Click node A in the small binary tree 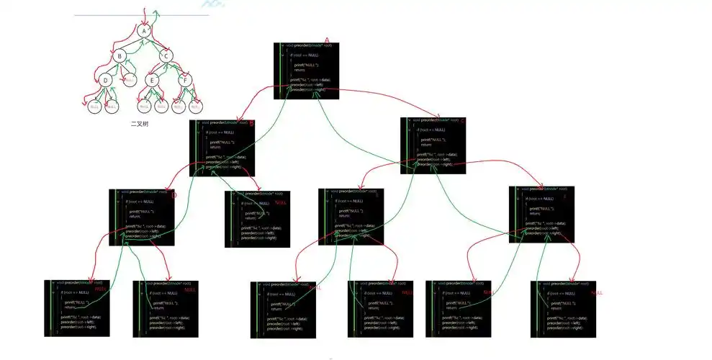pos(144,31)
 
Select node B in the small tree pos(121,55)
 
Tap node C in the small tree pos(166,55)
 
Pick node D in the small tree pos(106,80)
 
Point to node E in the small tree pos(153,80)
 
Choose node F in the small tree pos(185,80)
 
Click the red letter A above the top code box pos(326,40)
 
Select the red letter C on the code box pos(463,120)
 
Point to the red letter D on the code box pos(173,193)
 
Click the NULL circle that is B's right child pos(130,80)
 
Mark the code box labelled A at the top pos(307,69)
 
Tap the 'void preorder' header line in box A pos(308,46)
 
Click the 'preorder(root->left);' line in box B pos(222,162)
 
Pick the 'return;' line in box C pos(425,145)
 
